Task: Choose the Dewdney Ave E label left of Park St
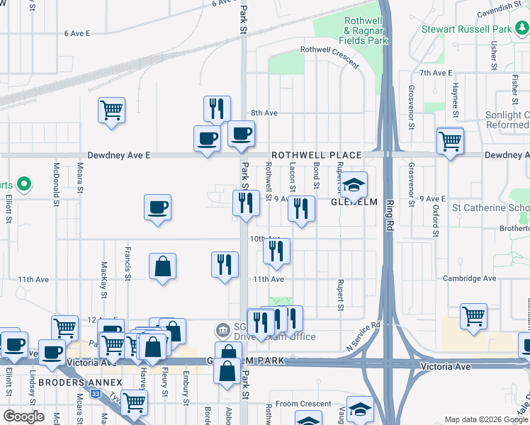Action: [119, 155]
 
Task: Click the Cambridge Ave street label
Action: [468, 279]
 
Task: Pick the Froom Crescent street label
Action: [303, 404]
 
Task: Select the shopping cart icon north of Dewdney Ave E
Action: [111, 110]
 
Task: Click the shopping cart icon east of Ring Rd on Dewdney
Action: [450, 141]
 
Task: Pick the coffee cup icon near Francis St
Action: [157, 208]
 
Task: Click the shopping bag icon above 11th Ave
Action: [163, 267]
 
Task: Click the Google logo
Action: [24, 416]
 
